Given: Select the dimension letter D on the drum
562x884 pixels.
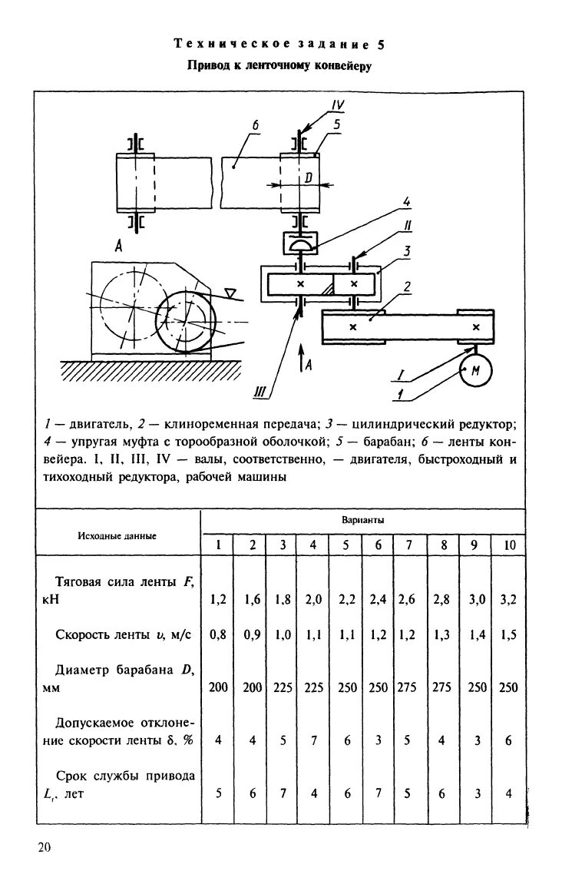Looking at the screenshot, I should point(307,177).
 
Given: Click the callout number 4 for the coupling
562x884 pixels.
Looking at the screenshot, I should point(407,202).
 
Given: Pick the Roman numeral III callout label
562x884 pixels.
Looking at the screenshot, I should point(260,392).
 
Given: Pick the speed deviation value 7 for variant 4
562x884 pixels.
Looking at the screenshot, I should point(313,741).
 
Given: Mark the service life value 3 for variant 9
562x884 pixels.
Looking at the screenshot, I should point(475,794).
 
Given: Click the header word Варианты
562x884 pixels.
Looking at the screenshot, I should point(362,520).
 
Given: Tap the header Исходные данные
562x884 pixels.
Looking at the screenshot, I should point(117,535).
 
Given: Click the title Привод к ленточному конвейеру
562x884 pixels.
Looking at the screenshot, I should point(280,67).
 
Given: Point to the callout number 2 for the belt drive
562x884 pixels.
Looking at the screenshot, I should point(408,286).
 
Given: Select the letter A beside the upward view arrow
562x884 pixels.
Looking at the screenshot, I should point(309,366).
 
